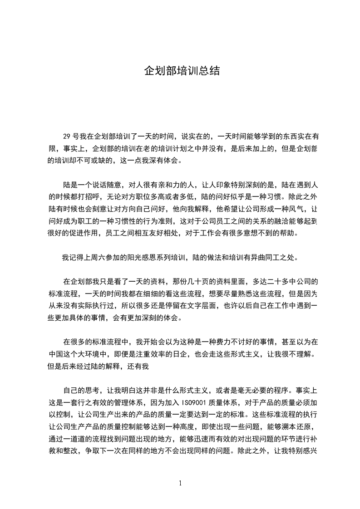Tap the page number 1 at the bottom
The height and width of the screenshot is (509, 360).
pyautogui.click(x=181, y=483)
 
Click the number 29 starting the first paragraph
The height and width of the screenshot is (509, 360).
pyautogui.click(x=66, y=136)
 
